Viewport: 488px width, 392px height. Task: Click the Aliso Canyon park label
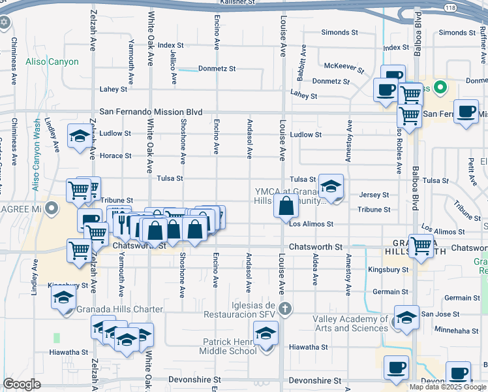52,62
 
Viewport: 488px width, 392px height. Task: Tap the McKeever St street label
344,66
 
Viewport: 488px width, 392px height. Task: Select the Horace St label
115,156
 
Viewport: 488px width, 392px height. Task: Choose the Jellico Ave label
174,69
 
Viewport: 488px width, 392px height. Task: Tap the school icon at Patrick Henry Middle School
266,334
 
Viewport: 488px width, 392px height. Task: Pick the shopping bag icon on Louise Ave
286,208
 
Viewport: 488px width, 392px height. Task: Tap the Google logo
22,384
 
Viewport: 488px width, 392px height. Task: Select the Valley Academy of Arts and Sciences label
351,323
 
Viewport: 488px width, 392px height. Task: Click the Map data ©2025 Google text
448,387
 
